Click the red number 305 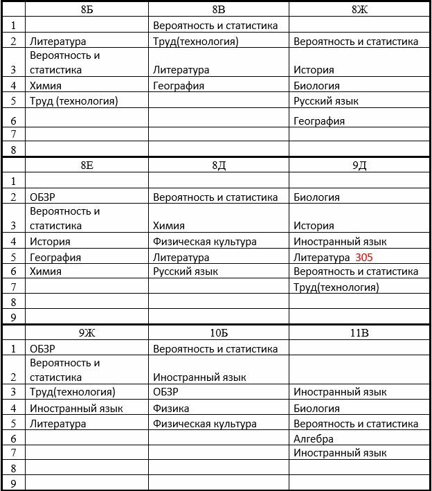pyautogui.click(x=363, y=257)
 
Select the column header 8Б pyautogui.click(x=86, y=10)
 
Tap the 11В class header pyautogui.click(x=359, y=333)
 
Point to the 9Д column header pyautogui.click(x=359, y=165)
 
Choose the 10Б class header pyautogui.click(x=219, y=333)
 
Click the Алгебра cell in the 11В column pyautogui.click(x=314, y=438)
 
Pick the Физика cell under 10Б pyautogui.click(x=171, y=409)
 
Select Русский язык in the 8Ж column pyautogui.click(x=326, y=101)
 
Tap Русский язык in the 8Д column pyautogui.click(x=186, y=271)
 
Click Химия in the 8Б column pyautogui.click(x=46, y=86)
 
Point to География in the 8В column pyautogui.click(x=179, y=86)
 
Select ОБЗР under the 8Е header pyautogui.click(x=42, y=197)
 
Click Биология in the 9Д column pyautogui.click(x=316, y=197)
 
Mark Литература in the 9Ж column pyautogui.click(x=57, y=423)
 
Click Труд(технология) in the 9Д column pyautogui.click(x=336, y=287)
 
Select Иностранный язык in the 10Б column pyautogui.click(x=199, y=377)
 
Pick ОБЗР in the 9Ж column pyautogui.click(x=42, y=348)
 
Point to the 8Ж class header pyautogui.click(x=359, y=10)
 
